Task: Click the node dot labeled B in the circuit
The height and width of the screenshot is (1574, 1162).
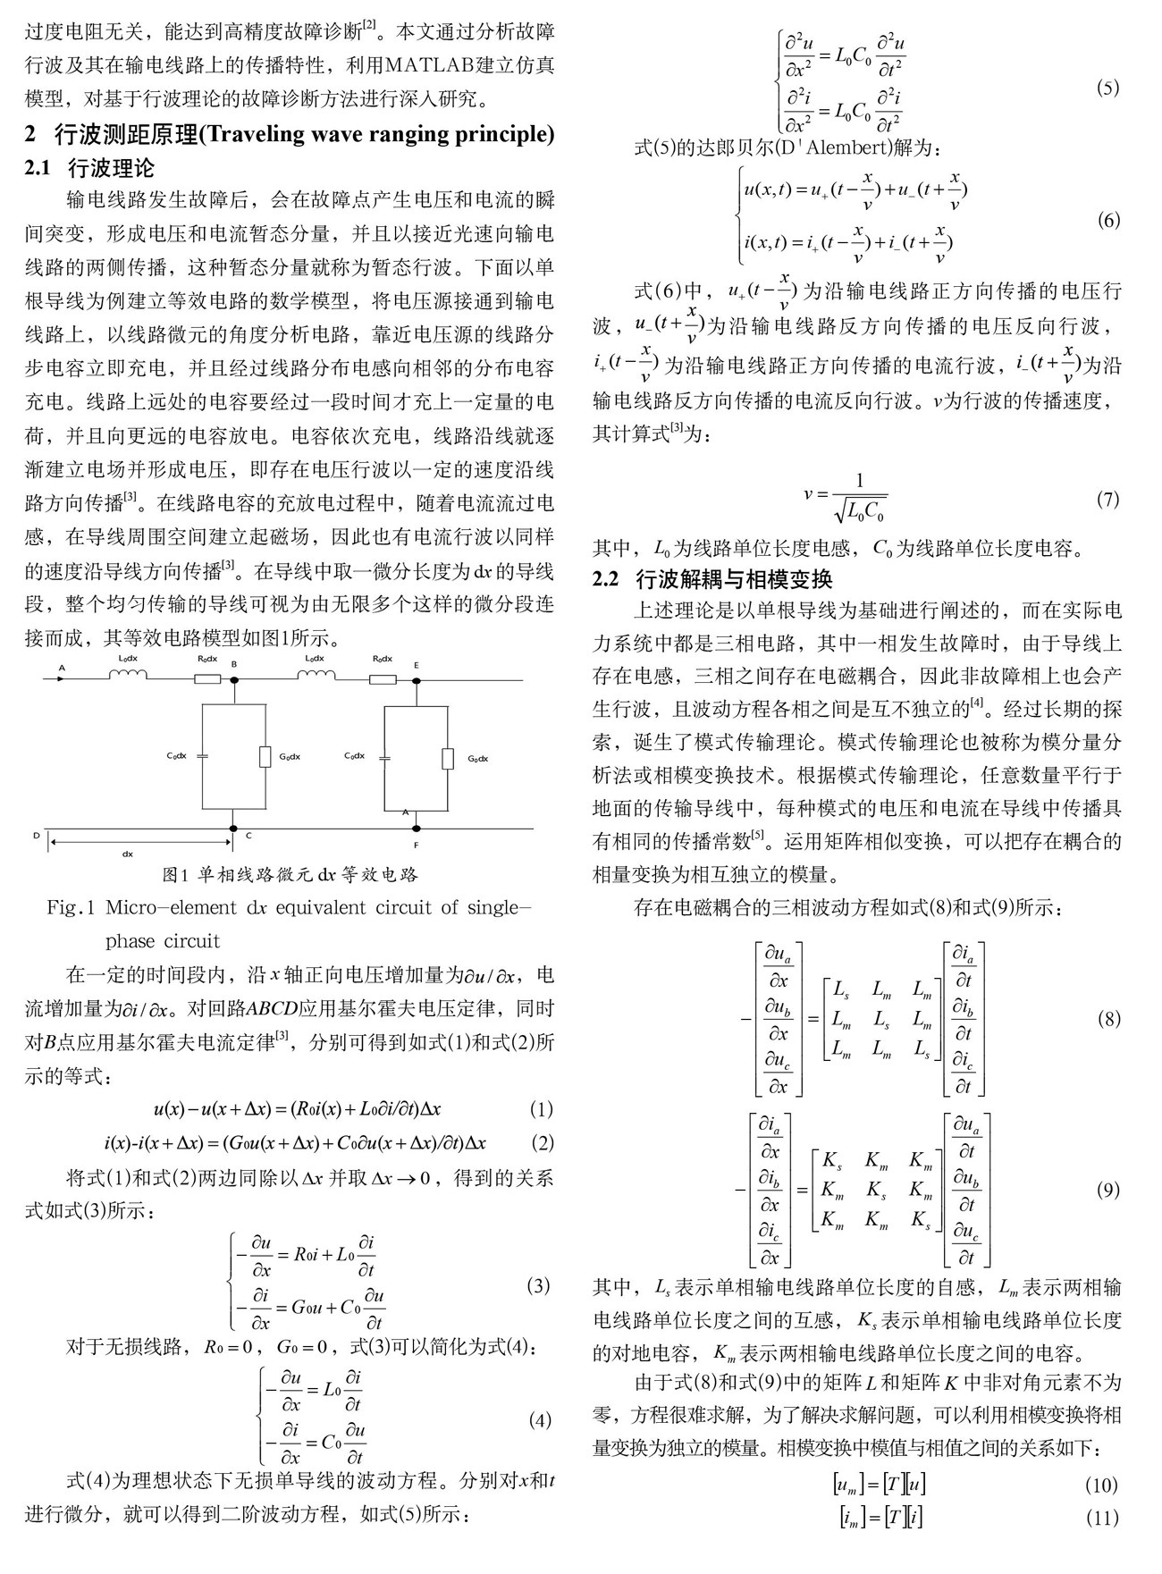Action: [234, 679]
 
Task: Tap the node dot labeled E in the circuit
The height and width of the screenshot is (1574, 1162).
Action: [416, 679]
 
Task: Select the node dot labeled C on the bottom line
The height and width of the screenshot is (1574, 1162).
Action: [232, 828]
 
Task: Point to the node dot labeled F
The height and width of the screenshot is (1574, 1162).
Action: [416, 828]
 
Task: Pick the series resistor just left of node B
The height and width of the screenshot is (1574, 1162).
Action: [206, 679]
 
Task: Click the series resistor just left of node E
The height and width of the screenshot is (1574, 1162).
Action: [383, 679]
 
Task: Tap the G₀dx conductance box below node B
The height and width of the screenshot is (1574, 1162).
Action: [265, 756]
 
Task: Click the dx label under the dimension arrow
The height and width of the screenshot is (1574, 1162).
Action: [128, 853]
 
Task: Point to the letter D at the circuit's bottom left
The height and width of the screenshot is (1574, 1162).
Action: [37, 835]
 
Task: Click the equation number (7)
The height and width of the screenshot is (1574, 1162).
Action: [1107, 499]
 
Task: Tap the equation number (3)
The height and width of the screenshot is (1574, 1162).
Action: [538, 1285]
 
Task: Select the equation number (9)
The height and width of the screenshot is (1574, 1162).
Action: [1107, 1189]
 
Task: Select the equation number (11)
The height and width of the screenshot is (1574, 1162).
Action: [1101, 1517]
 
